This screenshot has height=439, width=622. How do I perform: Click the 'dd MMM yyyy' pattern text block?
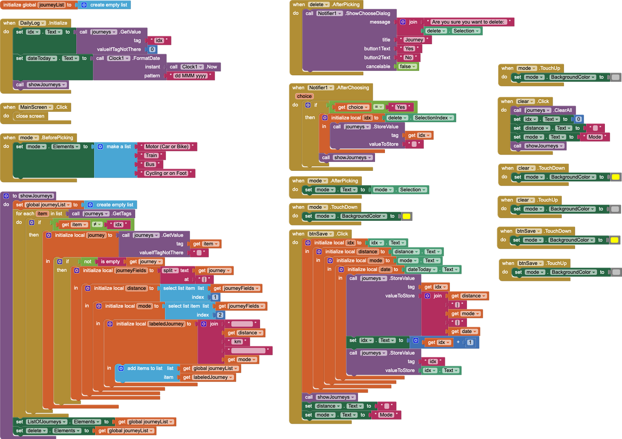[190, 76]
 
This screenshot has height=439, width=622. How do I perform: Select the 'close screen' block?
[30, 116]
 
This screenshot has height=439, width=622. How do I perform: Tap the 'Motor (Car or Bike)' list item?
[167, 146]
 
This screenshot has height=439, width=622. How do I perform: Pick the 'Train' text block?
[151, 155]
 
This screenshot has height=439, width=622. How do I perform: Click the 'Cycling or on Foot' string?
[166, 173]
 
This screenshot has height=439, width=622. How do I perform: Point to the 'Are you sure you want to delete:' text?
[468, 22]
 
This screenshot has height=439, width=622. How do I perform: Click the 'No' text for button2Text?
[408, 58]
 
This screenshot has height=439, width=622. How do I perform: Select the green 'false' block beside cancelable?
[407, 67]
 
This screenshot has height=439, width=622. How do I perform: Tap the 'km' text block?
[238, 342]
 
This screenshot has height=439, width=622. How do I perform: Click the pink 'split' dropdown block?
[169, 270]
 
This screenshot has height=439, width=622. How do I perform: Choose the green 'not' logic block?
[87, 261]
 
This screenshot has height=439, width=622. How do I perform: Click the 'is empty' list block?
[110, 261]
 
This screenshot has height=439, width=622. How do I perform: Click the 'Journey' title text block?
[414, 40]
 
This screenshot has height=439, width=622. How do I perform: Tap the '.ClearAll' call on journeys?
[563, 110]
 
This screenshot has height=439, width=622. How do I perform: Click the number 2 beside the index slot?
[220, 315]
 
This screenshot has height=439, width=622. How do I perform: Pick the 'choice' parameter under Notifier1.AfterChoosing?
[304, 96]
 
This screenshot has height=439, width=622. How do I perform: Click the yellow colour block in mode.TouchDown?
[407, 216]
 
